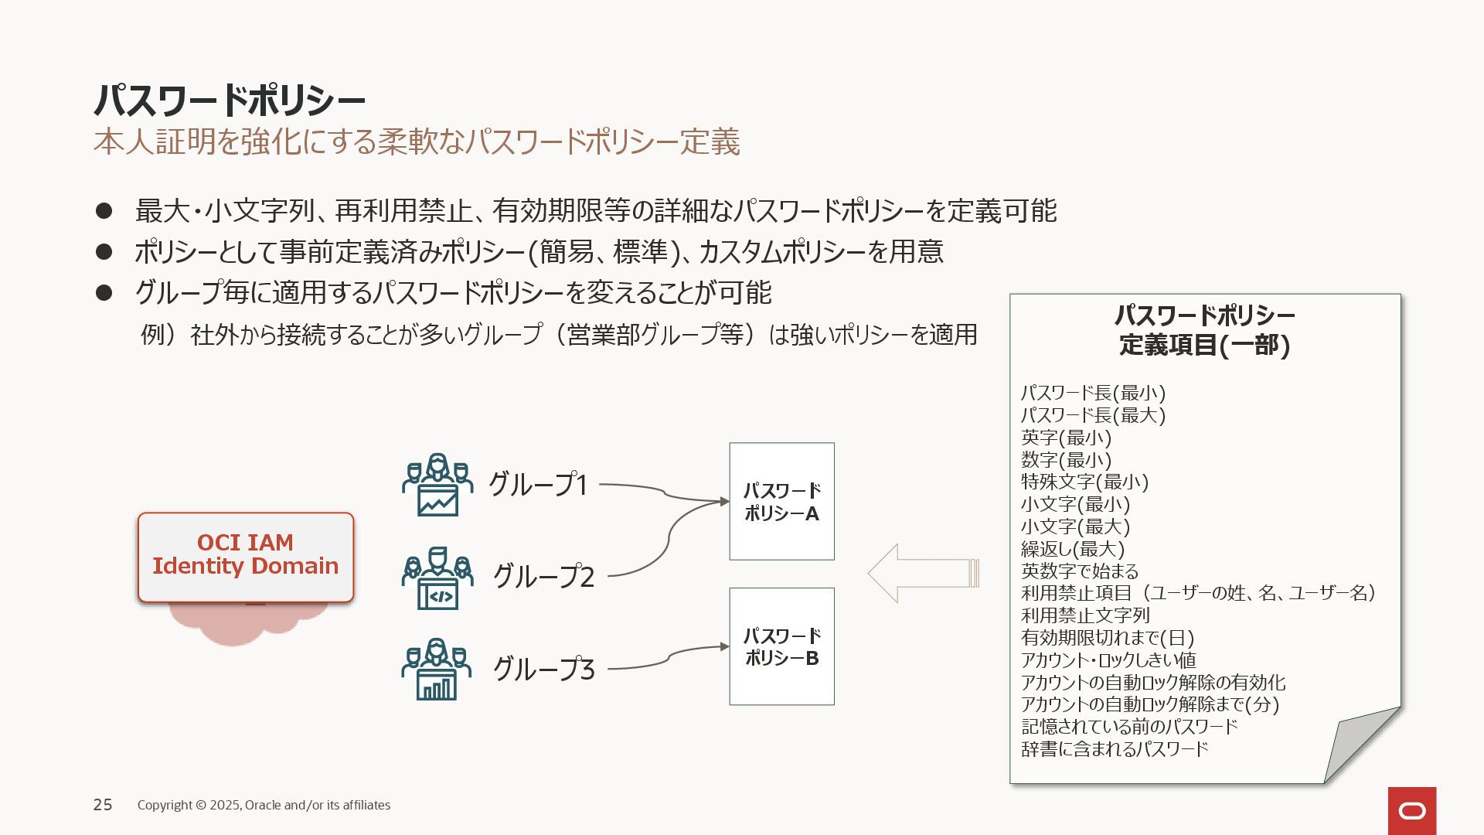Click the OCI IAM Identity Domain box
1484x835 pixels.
(x=245, y=556)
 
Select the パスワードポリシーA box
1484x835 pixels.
(x=781, y=501)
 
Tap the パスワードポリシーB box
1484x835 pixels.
(x=781, y=646)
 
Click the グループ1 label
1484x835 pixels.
(x=538, y=485)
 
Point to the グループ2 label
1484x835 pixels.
(x=543, y=577)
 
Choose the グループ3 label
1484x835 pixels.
(x=543, y=669)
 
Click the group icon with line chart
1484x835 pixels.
(x=437, y=486)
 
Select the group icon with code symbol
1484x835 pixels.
(x=437, y=578)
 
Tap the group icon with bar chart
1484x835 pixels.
(x=437, y=670)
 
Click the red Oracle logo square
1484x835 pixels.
(x=1412, y=811)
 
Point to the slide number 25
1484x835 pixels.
(x=103, y=805)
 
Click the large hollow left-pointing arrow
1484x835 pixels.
(x=922, y=573)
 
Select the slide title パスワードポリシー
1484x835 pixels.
(x=229, y=101)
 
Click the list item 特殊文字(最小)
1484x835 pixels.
(x=1084, y=482)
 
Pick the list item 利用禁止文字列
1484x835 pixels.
(x=1085, y=615)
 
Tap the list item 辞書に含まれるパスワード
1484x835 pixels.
(x=1115, y=749)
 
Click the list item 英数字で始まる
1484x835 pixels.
(x=1080, y=571)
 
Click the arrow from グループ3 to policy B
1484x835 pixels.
(x=669, y=657)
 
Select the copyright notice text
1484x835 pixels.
(x=264, y=805)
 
